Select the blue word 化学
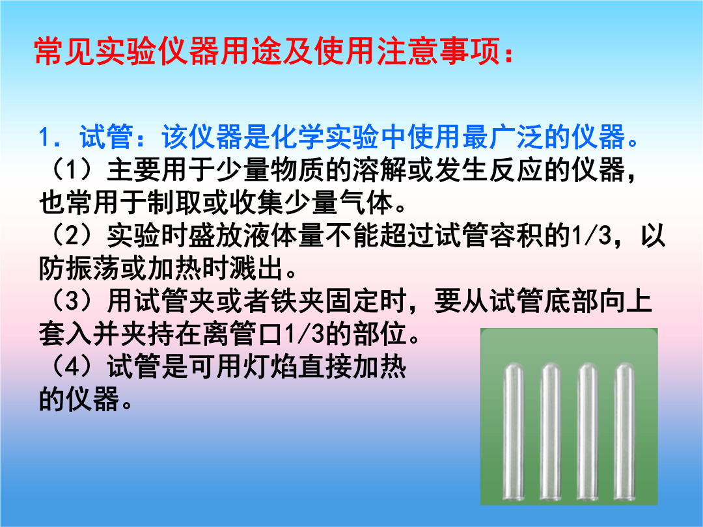[297, 137]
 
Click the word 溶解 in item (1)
[379, 170]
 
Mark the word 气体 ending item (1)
[366, 202]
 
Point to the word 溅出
[256, 268]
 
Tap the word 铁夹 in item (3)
[297, 301]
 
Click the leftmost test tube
[514, 432]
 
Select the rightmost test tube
[624, 432]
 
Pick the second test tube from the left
[551, 432]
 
